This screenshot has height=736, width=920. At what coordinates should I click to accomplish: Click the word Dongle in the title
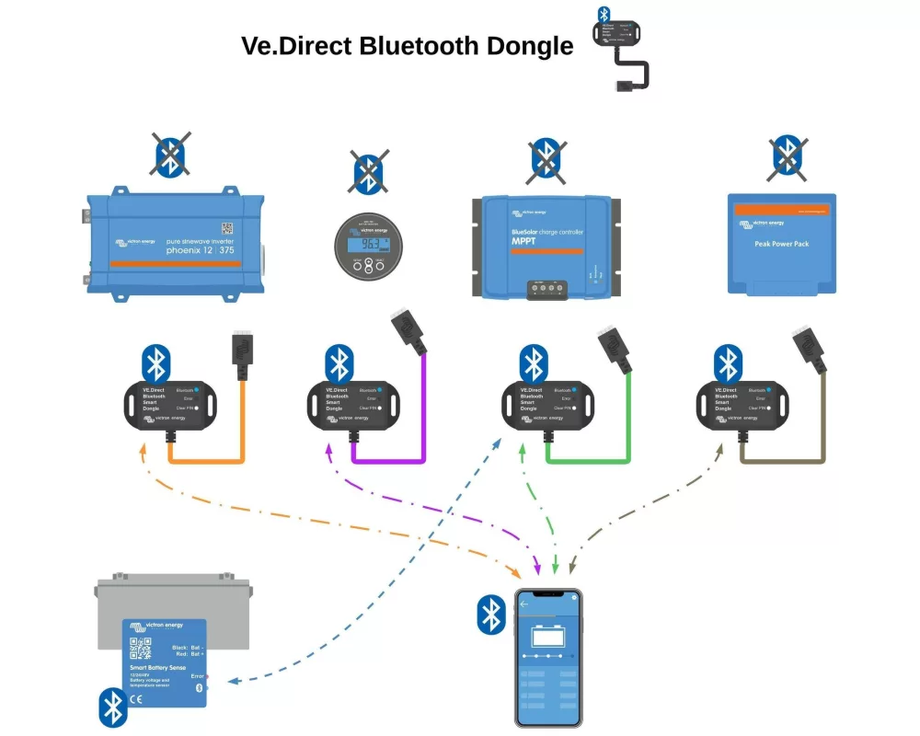tap(529, 45)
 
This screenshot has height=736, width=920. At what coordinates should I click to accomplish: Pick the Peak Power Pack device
tap(781, 244)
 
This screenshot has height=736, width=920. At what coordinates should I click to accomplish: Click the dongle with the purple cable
tap(351, 404)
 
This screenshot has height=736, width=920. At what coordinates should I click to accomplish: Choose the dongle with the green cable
tap(546, 404)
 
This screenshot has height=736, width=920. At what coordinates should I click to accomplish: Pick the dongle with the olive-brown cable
tap(742, 404)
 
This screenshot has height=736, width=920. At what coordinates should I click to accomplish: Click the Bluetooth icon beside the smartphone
tap(490, 615)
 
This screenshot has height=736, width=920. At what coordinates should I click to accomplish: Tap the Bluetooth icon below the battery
tap(112, 707)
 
